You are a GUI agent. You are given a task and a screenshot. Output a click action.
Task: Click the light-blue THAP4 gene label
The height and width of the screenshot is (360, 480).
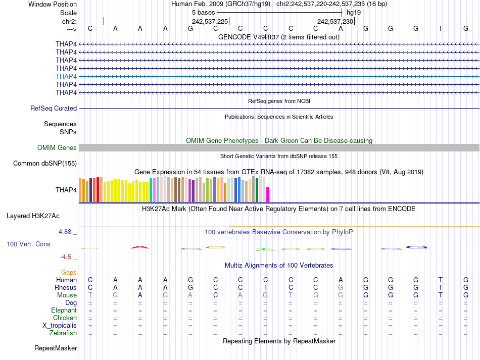point(66,76)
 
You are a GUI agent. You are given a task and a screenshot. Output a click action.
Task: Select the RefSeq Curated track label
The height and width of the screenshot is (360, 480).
point(54,108)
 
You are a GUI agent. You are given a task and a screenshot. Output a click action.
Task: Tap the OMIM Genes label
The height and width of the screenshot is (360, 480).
point(57,148)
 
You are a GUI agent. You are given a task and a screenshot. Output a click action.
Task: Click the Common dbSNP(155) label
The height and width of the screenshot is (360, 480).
point(45,163)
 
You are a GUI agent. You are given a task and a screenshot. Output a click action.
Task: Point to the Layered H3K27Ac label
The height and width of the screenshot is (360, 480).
point(33,216)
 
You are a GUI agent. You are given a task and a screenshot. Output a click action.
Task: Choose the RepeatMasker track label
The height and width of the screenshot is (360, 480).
point(56,348)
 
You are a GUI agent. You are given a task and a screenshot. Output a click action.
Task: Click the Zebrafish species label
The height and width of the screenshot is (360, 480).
point(63,333)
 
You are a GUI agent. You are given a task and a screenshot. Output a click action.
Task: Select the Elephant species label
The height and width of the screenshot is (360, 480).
point(64,310)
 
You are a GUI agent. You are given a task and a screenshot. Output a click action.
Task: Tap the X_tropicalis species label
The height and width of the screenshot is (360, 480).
point(60,325)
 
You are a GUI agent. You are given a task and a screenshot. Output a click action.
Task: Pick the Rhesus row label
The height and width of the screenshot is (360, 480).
point(66,287)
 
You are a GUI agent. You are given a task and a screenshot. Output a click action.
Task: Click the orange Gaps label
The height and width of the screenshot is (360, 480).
point(69,272)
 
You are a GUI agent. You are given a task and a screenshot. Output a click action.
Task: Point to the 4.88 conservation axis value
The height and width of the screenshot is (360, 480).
point(67,232)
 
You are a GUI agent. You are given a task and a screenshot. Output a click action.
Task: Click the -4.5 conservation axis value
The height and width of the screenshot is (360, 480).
point(68,256)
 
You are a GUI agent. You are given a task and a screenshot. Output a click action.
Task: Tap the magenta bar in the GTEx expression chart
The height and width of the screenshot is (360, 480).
point(268,194)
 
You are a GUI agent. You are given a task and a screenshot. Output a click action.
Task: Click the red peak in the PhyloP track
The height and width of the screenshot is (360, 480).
point(140,247)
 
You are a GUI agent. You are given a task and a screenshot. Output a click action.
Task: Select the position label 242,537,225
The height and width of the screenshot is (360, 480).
point(210,21)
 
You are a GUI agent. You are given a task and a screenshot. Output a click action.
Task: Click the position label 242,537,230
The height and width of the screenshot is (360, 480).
point(335,21)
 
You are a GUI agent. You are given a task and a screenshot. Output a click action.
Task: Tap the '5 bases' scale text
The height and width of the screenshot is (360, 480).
point(203,12)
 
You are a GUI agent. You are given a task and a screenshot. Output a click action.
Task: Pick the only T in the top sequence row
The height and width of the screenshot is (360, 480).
point(441,29)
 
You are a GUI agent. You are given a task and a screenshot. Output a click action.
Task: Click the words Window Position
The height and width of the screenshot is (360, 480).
point(53,4)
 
